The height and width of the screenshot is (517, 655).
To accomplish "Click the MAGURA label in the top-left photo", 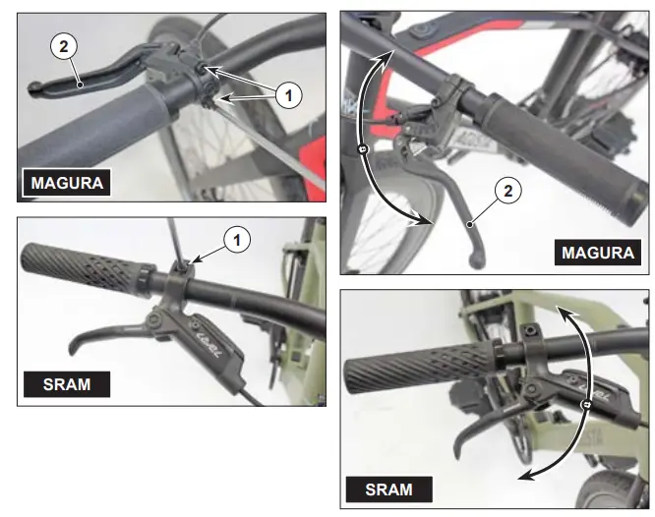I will coord(65,183).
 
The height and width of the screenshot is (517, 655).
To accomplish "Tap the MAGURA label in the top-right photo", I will coord(597,253).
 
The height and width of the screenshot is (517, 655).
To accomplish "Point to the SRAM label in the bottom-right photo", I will coord(389,488).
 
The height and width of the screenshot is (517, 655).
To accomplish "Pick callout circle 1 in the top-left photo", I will coord(286,95).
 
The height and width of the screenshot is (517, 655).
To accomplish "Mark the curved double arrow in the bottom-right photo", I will coord(584,403).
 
